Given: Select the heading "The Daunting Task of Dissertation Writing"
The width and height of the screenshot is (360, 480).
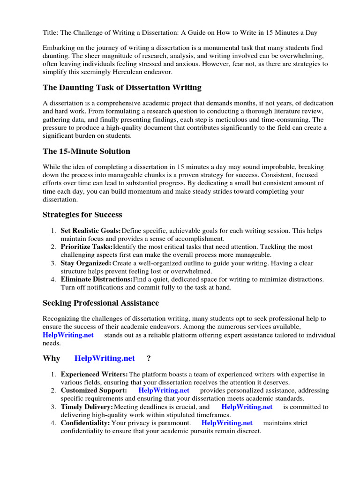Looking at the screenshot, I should click(122, 87).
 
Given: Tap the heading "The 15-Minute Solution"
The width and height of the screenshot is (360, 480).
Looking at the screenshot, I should click(86, 151).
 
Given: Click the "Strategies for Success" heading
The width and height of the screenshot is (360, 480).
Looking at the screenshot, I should click(82, 215).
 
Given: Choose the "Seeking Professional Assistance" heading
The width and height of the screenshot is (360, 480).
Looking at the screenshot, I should click(101, 303).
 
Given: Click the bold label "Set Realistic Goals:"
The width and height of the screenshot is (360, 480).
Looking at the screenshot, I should click(90, 231).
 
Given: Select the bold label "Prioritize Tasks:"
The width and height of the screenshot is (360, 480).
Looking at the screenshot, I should click(86, 247).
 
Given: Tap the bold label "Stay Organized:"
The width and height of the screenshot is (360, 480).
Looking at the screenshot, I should click(86, 263).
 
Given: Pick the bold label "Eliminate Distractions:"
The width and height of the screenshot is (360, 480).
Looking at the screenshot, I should click(97, 279).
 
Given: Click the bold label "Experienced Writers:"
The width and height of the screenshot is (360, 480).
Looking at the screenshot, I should click(94, 375).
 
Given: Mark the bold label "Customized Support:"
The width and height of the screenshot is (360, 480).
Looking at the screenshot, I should click(93, 390).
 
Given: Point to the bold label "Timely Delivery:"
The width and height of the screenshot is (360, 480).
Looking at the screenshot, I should click(87, 407).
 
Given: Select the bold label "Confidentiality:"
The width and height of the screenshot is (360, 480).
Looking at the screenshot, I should click(85, 423).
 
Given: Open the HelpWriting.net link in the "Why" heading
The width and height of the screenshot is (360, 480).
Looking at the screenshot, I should click(105, 358).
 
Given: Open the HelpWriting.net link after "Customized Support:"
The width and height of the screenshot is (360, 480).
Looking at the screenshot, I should click(164, 390).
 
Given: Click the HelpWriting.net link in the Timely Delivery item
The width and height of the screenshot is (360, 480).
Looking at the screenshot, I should click(247, 407).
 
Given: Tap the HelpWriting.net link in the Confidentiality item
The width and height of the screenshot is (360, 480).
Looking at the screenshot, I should click(227, 423).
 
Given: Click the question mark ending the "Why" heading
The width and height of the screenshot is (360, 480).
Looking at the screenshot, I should click(149, 358).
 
